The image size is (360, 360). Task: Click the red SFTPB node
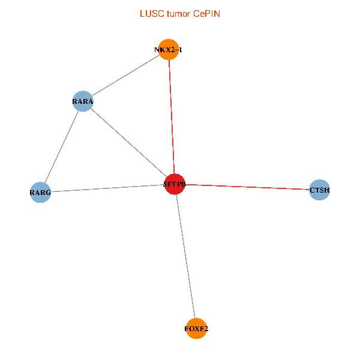[175, 184]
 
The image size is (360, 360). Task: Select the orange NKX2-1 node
[169, 50]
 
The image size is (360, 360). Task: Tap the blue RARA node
[83, 101]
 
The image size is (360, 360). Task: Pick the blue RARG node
[40, 193]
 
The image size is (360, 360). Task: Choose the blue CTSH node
[319, 190]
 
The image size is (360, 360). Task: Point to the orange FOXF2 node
[196, 328]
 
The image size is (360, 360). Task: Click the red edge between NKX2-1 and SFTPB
[172, 117]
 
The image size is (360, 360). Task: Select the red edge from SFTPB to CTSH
[247, 187]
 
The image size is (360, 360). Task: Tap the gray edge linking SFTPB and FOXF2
[185, 256]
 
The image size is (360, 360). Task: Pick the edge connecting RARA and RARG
[61, 147]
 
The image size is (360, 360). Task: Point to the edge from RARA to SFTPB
[128, 143]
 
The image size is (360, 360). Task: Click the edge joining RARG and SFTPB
[107, 188]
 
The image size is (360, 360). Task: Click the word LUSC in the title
[150, 13]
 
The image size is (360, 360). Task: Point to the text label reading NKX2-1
[168, 50]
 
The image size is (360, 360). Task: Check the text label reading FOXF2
[196, 329]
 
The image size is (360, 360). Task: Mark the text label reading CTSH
[320, 191]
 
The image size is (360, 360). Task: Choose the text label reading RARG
[40, 193]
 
